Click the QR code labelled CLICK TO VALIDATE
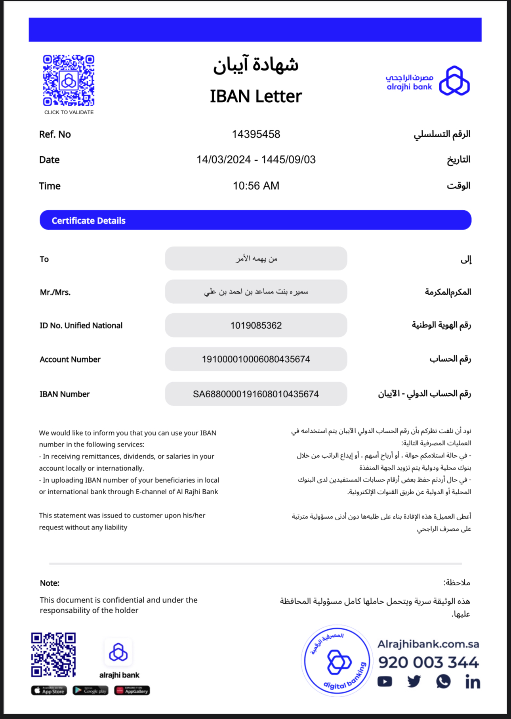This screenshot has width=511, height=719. click(69, 81)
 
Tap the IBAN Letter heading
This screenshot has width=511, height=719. click(255, 96)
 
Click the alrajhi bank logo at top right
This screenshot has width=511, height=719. click(428, 81)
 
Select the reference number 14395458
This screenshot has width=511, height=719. click(256, 134)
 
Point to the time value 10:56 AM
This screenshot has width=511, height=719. click(256, 186)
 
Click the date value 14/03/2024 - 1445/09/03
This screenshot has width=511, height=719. click(256, 160)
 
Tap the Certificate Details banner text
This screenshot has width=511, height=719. click(88, 220)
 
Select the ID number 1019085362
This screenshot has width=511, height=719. click(256, 326)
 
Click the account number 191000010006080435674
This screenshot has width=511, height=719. click(256, 359)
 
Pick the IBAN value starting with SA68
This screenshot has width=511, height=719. click(256, 394)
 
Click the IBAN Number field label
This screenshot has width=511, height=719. click(65, 394)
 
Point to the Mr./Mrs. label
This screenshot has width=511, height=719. click(55, 292)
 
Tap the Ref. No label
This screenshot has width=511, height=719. click(55, 134)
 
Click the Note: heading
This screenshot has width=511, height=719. click(50, 583)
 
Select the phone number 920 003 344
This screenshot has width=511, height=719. click(428, 662)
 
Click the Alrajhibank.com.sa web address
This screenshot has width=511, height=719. click(428, 644)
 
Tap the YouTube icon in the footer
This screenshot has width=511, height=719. click(385, 682)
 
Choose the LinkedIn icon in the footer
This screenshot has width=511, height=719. click(473, 682)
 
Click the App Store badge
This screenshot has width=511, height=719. click(49, 690)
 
